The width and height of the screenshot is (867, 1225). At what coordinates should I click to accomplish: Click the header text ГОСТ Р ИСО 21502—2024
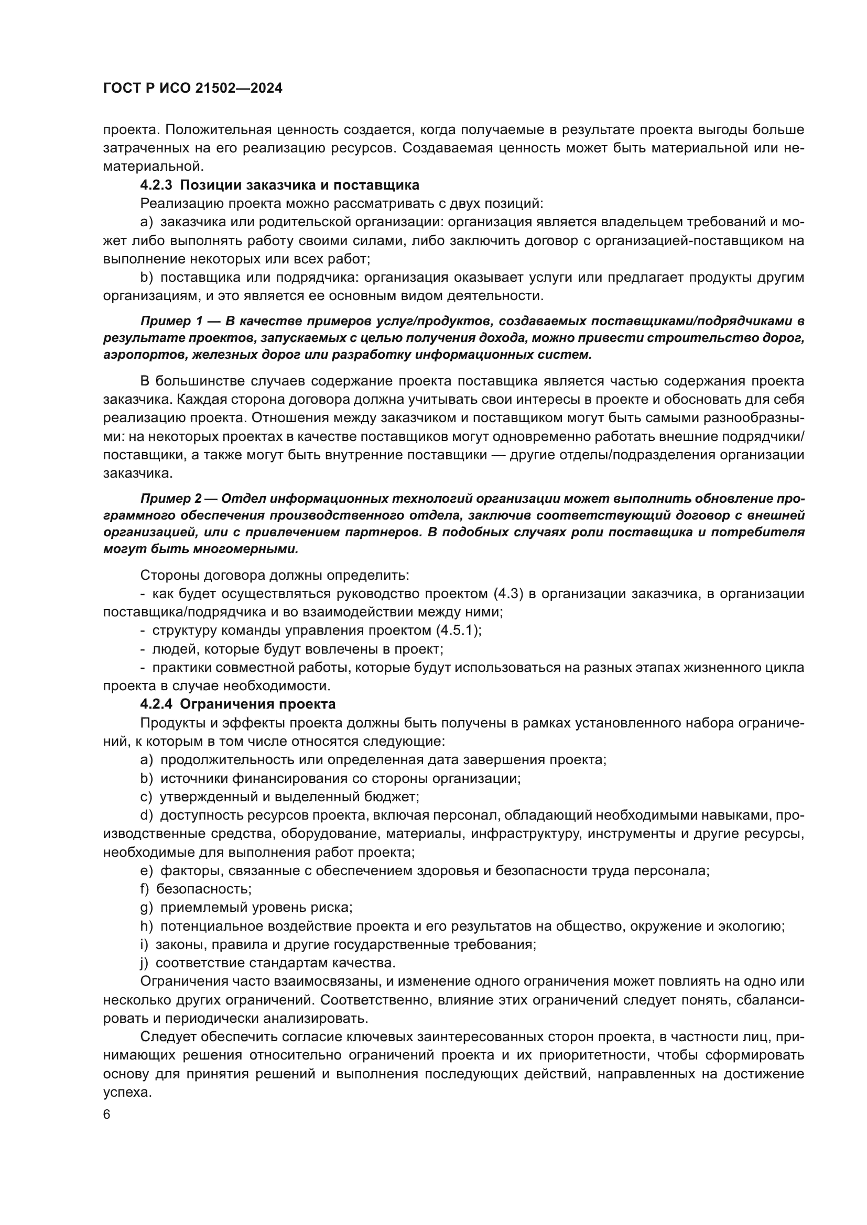[193, 89]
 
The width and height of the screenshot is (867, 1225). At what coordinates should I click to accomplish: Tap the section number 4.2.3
[156, 185]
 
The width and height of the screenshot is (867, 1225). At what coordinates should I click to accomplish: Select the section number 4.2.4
[156, 704]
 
